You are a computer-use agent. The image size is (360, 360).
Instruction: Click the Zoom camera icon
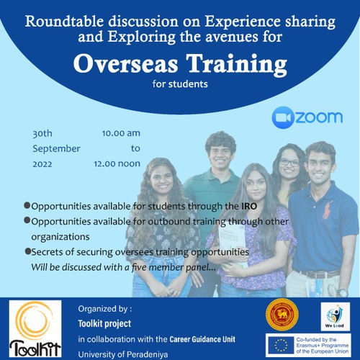tap(283, 117)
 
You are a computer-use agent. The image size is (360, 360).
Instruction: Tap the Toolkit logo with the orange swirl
tap(35, 328)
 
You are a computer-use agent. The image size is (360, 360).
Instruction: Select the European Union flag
tap(281, 346)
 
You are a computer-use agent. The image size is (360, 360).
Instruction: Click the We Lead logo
tap(336, 317)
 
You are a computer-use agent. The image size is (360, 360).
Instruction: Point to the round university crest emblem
tap(282, 315)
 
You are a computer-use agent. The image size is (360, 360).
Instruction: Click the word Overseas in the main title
tap(126, 63)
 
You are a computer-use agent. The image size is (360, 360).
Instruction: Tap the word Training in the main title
tap(237, 65)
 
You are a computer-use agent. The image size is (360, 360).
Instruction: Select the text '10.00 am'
tap(121, 133)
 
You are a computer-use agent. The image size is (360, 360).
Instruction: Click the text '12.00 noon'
tap(117, 163)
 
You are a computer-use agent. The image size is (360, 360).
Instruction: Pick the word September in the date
tap(56, 149)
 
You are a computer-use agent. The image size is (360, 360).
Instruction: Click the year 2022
tap(42, 164)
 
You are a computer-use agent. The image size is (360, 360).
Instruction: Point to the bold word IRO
tap(249, 206)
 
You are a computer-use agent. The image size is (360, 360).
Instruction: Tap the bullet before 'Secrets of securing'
tap(28, 251)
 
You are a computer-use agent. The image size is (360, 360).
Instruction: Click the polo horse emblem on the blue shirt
tap(328, 210)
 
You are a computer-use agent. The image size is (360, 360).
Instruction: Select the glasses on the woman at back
tap(289, 163)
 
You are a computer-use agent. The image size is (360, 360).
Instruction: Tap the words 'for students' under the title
tap(180, 84)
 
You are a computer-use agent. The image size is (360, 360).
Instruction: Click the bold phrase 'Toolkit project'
tap(104, 323)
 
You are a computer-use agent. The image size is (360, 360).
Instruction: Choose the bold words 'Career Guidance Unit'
tap(202, 339)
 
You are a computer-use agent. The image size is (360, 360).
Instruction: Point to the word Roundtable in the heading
tap(64, 21)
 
